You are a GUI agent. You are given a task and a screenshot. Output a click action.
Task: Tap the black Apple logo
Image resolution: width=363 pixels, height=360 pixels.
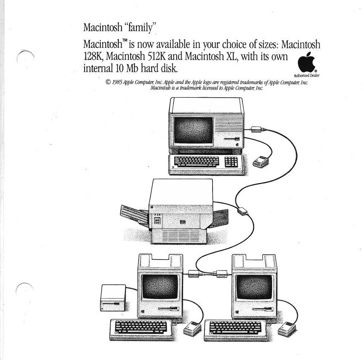click(306, 63)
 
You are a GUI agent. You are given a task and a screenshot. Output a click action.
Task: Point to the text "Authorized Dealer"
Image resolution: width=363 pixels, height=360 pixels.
click(309, 75)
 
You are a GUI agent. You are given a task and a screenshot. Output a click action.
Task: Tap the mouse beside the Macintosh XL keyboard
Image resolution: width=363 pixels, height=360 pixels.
click(260, 162)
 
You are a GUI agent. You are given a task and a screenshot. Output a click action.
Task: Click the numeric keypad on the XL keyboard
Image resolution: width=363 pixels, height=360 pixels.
click(231, 161)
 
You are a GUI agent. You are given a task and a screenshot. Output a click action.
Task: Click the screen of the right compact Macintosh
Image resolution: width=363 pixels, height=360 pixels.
click(253, 287)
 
